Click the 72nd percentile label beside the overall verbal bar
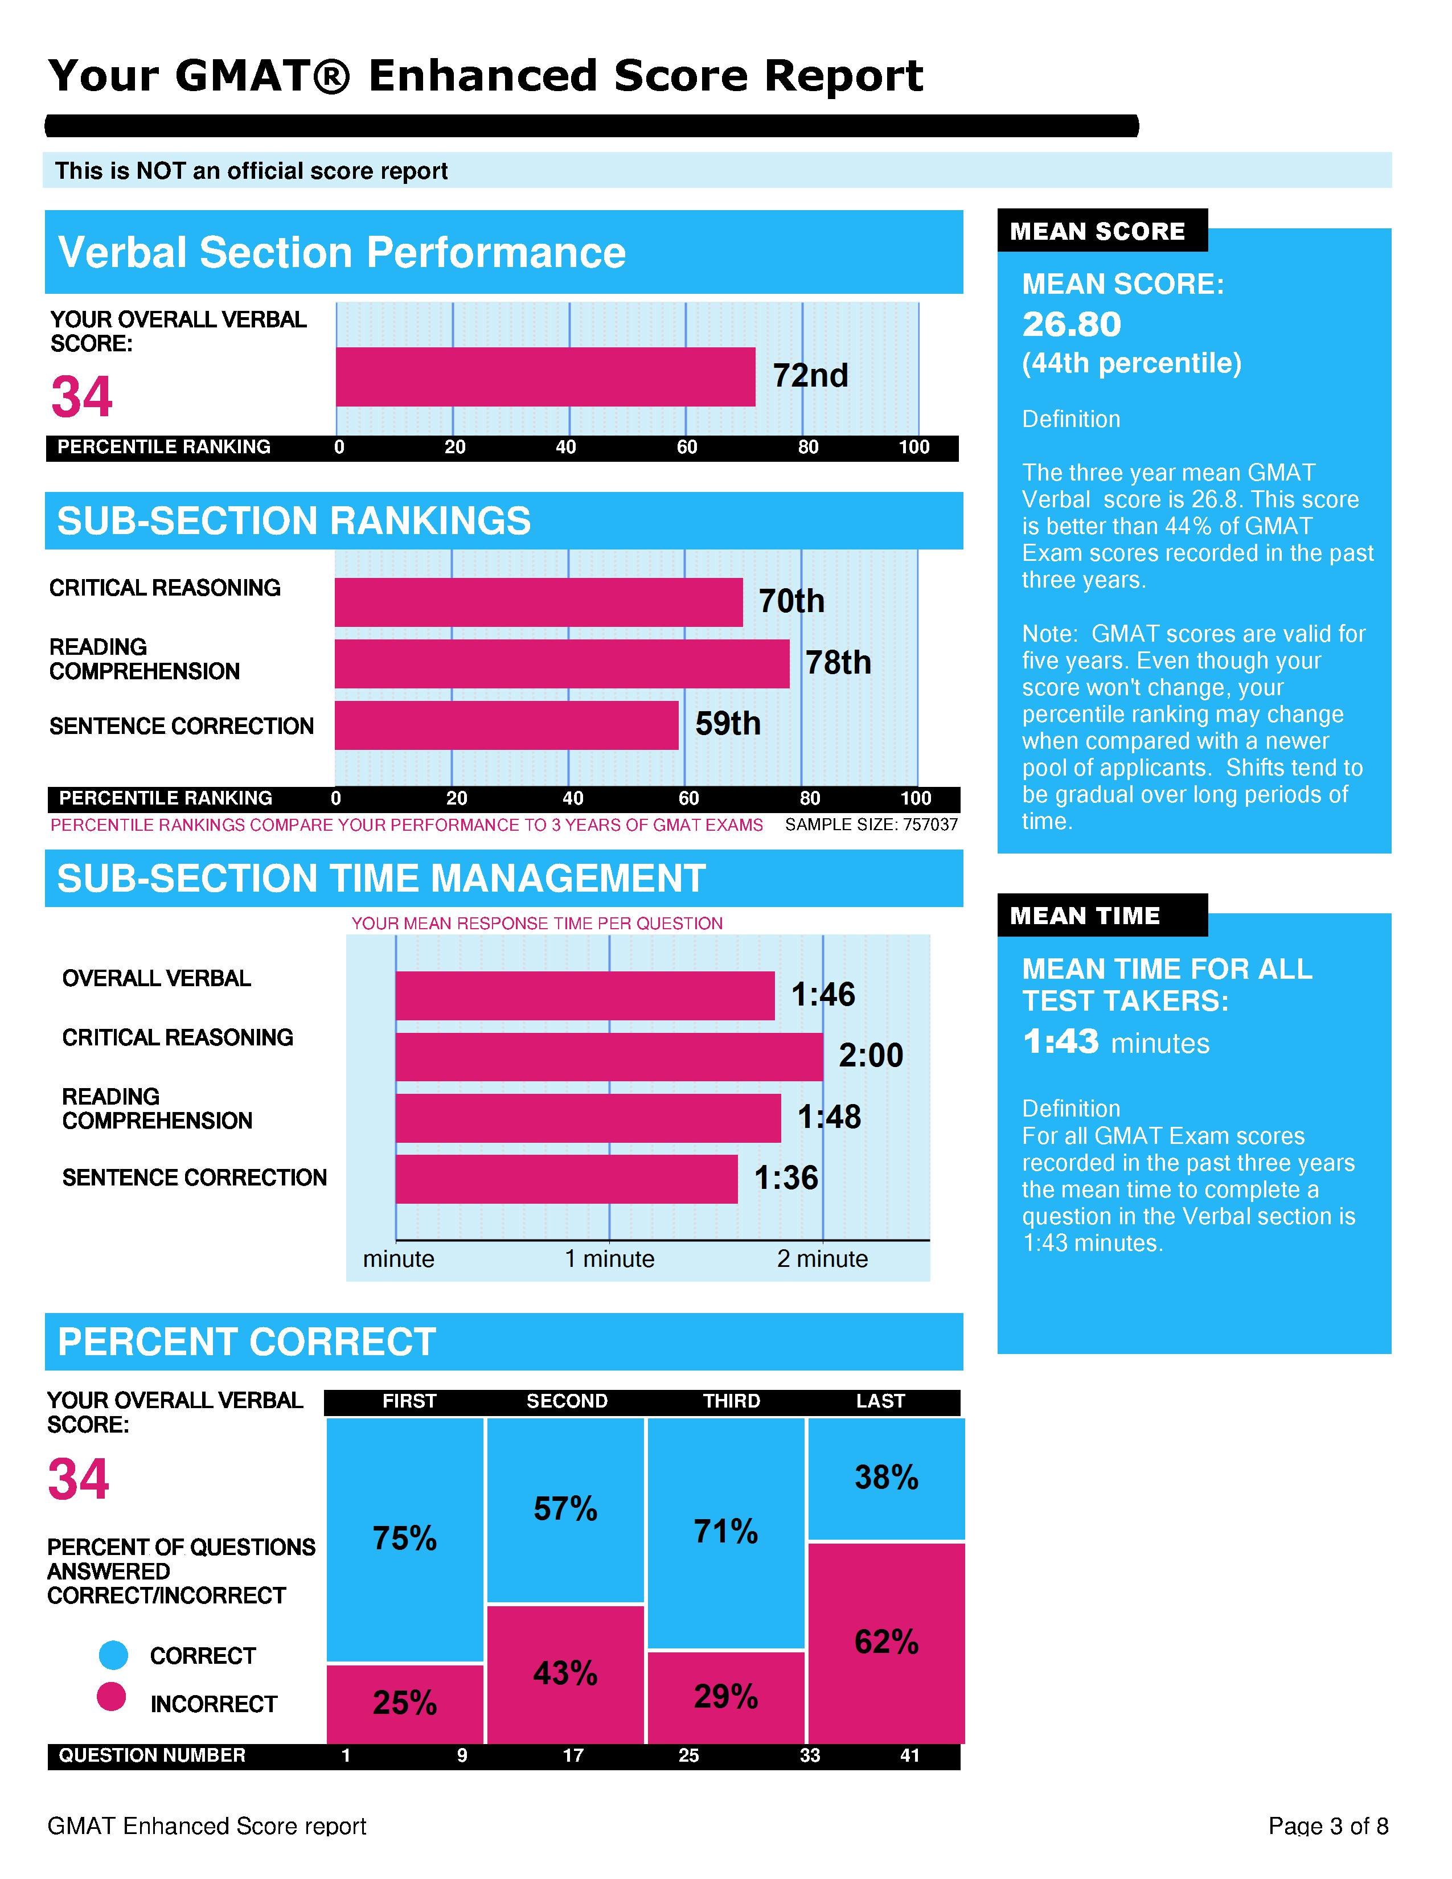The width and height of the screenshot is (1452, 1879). pos(810,376)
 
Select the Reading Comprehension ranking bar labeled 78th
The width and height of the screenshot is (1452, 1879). pos(561,663)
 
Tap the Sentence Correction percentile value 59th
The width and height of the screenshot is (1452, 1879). pos(728,724)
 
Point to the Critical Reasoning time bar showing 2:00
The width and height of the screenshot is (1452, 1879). pos(609,1056)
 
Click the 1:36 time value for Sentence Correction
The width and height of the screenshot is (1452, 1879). pos(786,1178)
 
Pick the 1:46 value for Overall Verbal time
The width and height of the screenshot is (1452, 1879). pos(823,995)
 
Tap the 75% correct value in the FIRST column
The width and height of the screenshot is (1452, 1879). pos(404,1539)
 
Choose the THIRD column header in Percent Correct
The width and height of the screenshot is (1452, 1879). pos(731,1401)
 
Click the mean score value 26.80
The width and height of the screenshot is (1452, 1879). pos(1072,325)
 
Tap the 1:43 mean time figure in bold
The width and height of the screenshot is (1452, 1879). pos(1061,1042)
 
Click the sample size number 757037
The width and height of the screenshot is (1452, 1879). pos(930,825)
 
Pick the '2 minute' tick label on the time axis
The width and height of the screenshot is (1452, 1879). pos(822,1259)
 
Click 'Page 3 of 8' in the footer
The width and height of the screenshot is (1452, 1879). pos(1328,1825)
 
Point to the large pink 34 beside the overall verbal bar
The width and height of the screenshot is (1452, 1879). pos(82,397)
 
